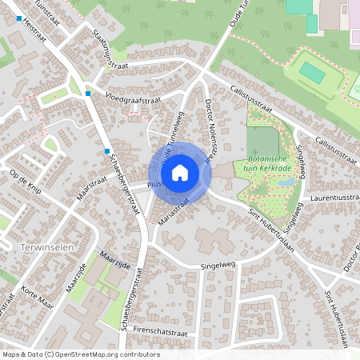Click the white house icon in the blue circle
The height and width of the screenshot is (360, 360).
pos(180,171)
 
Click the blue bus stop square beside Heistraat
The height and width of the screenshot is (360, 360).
pos(18,18)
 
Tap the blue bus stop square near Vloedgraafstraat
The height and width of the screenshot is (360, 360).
pos(87,94)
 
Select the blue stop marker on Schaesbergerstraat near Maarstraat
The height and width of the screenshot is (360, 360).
pos(106,150)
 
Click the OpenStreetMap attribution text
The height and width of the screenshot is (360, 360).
pos(80,354)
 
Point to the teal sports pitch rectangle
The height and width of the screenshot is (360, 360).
pos(312,74)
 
